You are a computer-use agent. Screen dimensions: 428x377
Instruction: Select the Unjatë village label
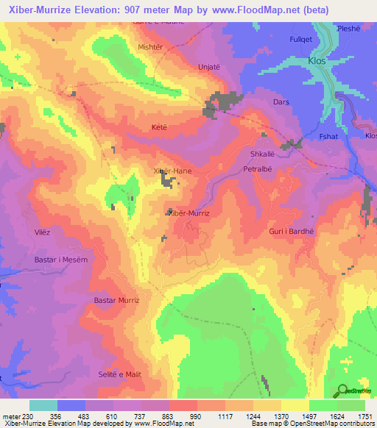[210, 66]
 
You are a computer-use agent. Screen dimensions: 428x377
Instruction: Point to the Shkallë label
[264, 154]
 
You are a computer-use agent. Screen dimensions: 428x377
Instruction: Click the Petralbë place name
[258, 169]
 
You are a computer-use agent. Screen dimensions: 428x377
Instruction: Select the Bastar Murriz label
[117, 300]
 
